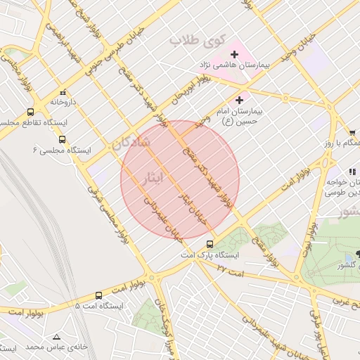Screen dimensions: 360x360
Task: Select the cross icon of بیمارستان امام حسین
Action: click(241, 101)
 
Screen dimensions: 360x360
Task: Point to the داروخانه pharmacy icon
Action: click(63, 92)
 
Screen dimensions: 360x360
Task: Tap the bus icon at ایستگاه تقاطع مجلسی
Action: click(30, 112)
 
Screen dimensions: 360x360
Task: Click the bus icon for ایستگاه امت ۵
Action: click(98, 296)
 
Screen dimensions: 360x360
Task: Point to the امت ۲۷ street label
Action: click(229, 268)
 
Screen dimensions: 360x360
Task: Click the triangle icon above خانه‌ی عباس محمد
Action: click(56, 336)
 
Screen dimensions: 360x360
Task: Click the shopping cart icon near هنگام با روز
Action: click(352, 132)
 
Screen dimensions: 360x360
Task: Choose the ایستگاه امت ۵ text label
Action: click(99, 307)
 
